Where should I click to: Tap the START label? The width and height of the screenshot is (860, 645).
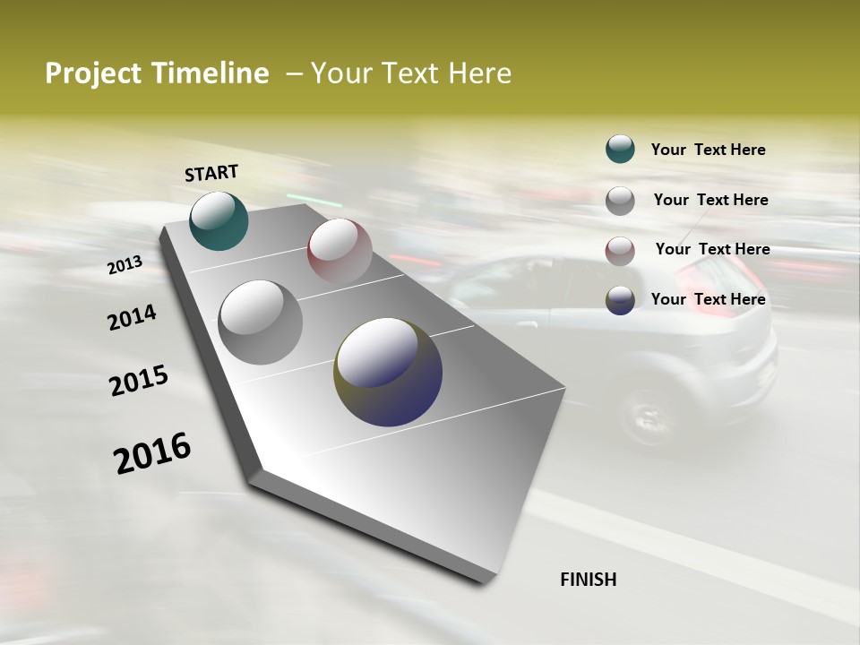(x=211, y=173)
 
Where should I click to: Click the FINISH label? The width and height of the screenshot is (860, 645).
(x=588, y=580)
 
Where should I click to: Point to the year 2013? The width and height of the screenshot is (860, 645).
(x=125, y=265)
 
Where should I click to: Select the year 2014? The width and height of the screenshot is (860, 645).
(x=132, y=317)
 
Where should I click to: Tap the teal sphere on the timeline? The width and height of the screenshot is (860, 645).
(x=219, y=220)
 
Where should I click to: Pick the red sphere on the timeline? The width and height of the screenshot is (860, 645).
(x=340, y=250)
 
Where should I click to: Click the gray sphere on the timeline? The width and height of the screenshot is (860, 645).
(x=261, y=322)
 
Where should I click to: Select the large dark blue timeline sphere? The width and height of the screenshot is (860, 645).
(x=388, y=371)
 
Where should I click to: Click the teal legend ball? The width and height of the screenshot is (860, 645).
(x=620, y=149)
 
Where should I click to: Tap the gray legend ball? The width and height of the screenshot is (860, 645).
(x=620, y=201)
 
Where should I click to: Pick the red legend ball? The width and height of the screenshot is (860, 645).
(x=620, y=251)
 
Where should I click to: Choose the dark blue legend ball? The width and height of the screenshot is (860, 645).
(x=620, y=300)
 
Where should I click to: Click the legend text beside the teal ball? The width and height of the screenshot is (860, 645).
(x=708, y=150)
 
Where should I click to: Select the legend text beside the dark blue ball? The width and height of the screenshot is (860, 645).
(x=708, y=299)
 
